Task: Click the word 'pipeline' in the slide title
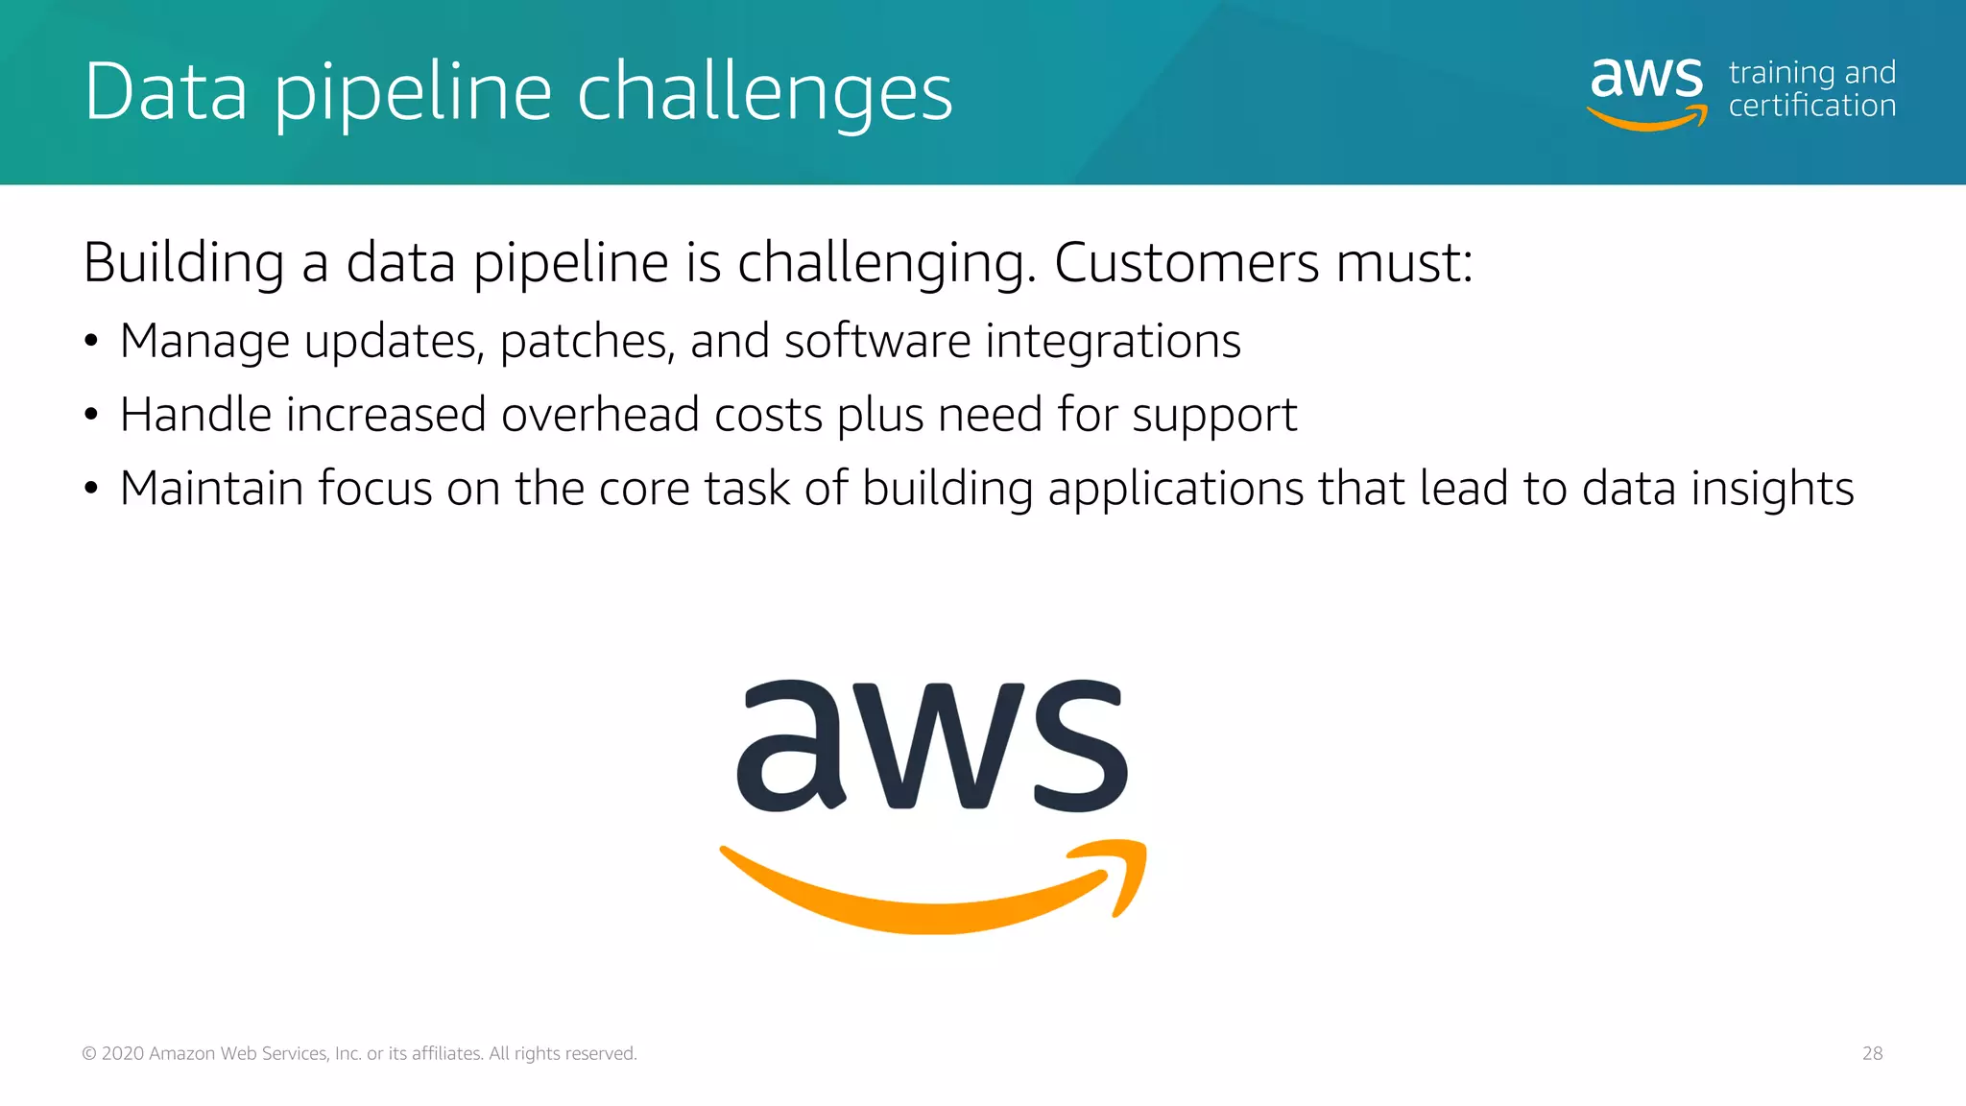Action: click(413, 93)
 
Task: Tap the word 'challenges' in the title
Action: click(764, 93)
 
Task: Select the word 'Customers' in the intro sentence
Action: click(1187, 262)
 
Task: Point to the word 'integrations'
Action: click(1113, 342)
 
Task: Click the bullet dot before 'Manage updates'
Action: click(91, 342)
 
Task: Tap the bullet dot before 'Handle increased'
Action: click(91, 415)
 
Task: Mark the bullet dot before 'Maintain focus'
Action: click(91, 489)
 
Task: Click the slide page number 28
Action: click(1872, 1053)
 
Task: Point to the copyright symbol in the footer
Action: click(89, 1053)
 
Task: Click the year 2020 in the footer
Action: click(123, 1053)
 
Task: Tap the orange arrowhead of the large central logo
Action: click(1123, 869)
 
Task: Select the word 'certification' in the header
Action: click(1811, 106)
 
